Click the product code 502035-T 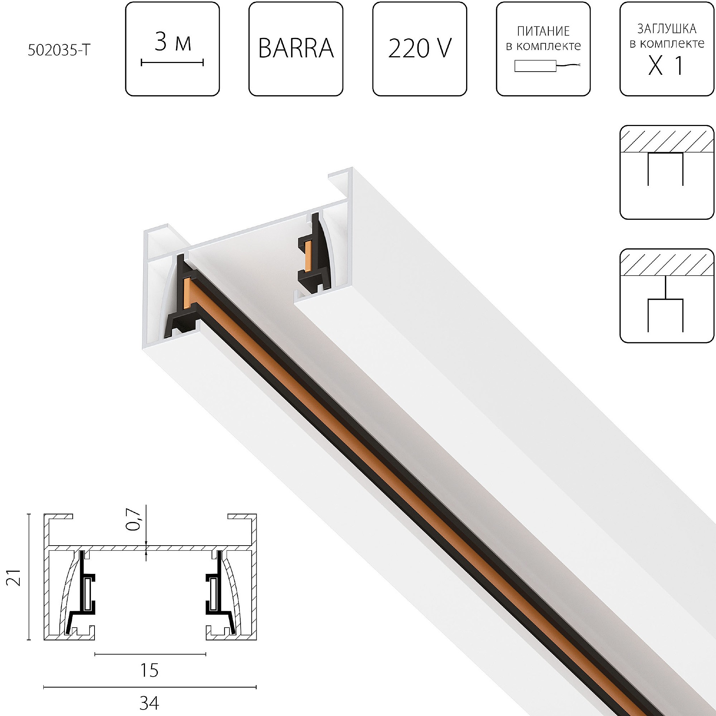tap(59, 50)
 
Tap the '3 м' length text tap(173, 42)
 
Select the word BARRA tap(296, 49)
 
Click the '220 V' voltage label tap(420, 49)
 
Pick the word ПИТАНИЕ tap(543, 31)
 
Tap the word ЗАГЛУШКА tap(667, 29)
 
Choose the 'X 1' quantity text tap(666, 66)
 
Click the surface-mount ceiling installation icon tap(667, 172)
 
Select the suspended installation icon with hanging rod tap(667, 295)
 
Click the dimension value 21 tap(14, 577)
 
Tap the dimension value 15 tap(149, 671)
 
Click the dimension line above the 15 tap(150, 654)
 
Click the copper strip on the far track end tap(308, 256)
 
